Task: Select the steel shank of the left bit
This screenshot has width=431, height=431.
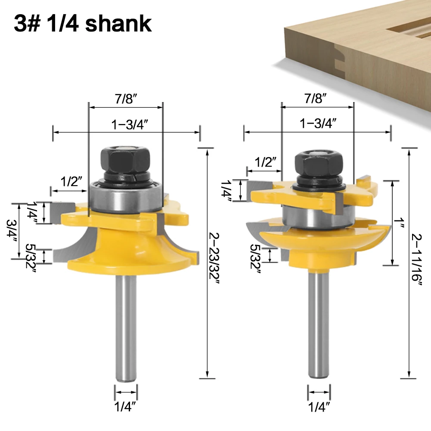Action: tap(126, 328)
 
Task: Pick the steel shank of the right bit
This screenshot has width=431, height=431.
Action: tap(318, 324)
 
